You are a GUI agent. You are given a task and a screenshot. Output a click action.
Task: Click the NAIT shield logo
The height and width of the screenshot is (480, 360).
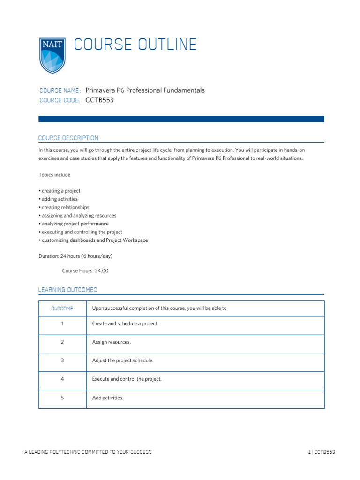pyautogui.click(x=52, y=55)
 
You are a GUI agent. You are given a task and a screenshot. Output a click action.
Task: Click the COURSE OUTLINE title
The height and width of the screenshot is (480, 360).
pyautogui.click(x=135, y=45)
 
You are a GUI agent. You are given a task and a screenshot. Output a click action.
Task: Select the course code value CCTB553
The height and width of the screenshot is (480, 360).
pyautogui.click(x=100, y=100)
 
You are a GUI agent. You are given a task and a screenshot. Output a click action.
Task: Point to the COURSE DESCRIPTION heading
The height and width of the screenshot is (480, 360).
pyautogui.click(x=68, y=138)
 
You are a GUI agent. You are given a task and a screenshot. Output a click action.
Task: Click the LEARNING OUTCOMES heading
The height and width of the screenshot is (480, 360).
pyautogui.click(x=67, y=290)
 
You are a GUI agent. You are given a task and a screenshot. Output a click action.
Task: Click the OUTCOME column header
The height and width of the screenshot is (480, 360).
pyautogui.click(x=62, y=308)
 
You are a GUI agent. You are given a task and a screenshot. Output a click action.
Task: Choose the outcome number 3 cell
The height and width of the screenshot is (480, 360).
pyautogui.click(x=62, y=360)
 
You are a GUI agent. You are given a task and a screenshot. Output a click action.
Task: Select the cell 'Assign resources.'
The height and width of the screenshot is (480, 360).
pyautogui.click(x=112, y=342)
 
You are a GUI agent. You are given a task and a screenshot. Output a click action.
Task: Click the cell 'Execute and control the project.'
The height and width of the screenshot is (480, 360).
pyautogui.click(x=127, y=379)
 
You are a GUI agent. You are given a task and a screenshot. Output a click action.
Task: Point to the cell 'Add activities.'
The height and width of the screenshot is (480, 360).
pyautogui.click(x=108, y=397)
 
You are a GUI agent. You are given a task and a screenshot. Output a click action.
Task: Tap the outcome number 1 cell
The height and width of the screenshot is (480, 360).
pyautogui.click(x=62, y=324)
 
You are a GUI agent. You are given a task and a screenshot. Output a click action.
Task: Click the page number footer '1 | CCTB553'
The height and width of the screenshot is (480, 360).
pyautogui.click(x=322, y=452)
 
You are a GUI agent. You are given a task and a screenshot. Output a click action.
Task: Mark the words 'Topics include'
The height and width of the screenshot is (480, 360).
pyautogui.click(x=54, y=175)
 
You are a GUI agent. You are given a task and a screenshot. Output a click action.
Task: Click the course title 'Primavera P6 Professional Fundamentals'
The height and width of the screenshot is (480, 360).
pyautogui.click(x=145, y=90)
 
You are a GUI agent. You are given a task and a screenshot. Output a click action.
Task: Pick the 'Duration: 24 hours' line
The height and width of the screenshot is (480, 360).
pyautogui.click(x=75, y=256)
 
